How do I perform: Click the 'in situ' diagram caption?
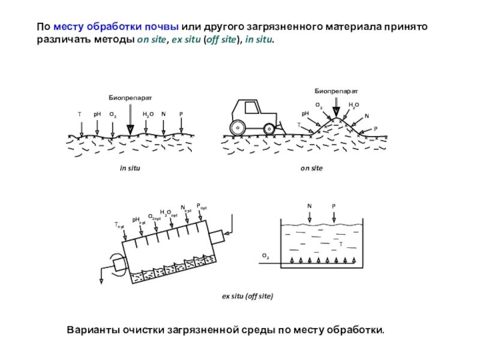coord(130,169)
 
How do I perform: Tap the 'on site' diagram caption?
coord(311,169)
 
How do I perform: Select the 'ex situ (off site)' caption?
coord(247,296)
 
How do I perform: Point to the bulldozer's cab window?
coord(249,109)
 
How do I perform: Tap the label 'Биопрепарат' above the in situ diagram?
coord(130,97)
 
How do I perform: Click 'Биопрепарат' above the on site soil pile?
coord(336,90)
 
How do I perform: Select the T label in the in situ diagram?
coord(79,114)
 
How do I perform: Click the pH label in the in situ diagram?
coord(97,114)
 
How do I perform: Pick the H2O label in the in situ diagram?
coord(148,114)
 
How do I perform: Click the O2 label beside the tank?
coord(265,256)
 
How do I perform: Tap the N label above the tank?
coord(310,206)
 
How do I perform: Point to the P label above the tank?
coord(334,206)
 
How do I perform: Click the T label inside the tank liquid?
coord(340,244)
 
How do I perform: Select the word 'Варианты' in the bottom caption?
coord(91,331)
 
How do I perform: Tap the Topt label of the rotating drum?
coord(119,225)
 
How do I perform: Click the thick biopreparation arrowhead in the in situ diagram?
coord(130,129)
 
